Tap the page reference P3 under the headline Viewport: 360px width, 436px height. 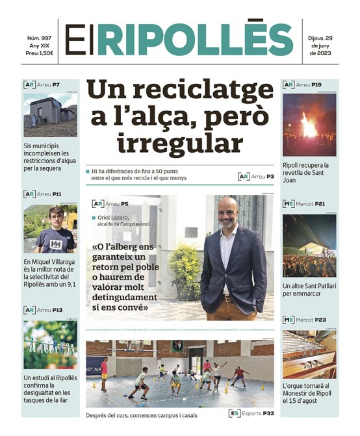click(x=270, y=176)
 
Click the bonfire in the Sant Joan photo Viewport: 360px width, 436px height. click(x=309, y=125)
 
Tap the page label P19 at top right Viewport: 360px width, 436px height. click(x=316, y=85)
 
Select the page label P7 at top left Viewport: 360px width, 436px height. click(x=57, y=85)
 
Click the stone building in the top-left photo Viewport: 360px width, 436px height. click(x=46, y=112)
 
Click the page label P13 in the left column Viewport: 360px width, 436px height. click(x=58, y=310)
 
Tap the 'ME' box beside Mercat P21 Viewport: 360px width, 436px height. click(x=289, y=204)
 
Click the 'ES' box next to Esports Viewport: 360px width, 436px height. click(x=235, y=413)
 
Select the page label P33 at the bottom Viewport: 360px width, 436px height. click(x=268, y=413)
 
